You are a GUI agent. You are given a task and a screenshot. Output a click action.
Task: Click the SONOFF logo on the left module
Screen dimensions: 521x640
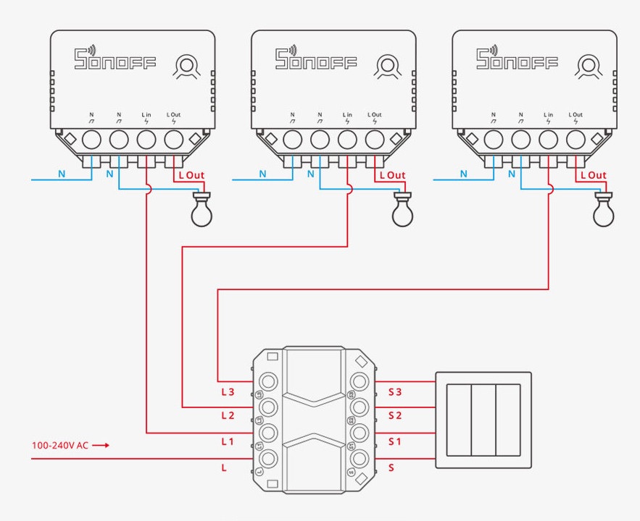click(115, 59)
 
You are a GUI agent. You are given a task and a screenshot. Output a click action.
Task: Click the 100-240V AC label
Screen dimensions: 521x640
click(60, 445)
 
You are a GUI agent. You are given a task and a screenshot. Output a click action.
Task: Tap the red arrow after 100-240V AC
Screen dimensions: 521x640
click(101, 445)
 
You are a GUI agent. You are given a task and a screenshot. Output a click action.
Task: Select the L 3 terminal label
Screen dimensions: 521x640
click(228, 391)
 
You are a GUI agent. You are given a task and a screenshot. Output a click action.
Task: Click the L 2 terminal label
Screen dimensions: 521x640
click(228, 415)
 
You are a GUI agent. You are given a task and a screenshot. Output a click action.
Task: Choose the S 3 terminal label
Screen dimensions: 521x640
click(395, 391)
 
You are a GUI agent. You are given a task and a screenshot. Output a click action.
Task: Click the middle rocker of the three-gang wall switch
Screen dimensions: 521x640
click(483, 420)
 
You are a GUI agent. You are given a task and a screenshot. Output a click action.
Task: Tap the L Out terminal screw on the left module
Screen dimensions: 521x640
click(174, 139)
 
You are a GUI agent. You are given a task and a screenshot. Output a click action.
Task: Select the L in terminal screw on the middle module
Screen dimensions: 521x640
click(347, 139)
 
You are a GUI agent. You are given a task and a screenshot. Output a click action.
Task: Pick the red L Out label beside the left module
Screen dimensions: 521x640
click(191, 176)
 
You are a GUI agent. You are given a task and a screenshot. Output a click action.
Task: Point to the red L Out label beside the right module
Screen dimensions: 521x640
click(593, 176)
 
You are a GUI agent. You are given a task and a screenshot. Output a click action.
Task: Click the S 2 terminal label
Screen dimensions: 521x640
click(395, 415)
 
